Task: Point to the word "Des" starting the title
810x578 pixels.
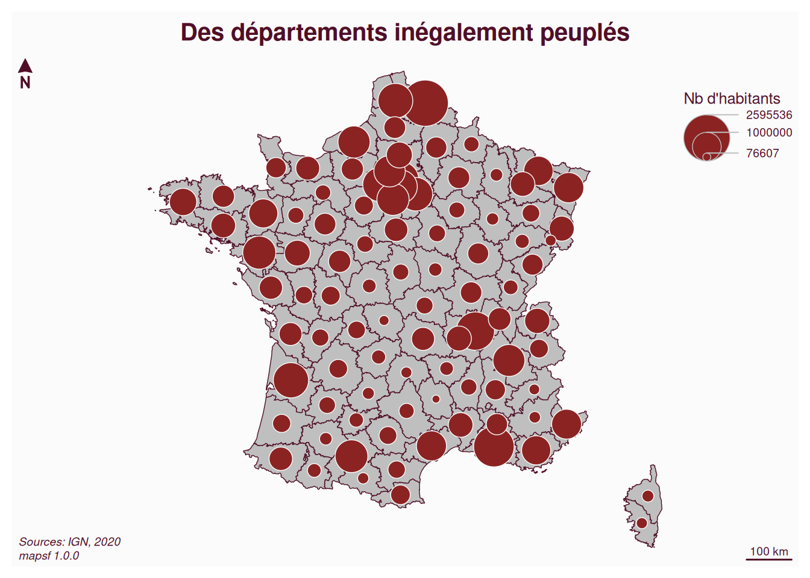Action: pyautogui.click(x=202, y=33)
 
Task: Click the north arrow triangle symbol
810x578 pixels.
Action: pyautogui.click(x=25, y=66)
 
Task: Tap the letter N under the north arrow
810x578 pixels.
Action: pyautogui.click(x=25, y=83)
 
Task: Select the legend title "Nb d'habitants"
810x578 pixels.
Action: pyautogui.click(x=732, y=99)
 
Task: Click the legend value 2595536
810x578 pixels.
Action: pyautogui.click(x=769, y=115)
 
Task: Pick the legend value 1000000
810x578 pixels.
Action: pyautogui.click(x=769, y=132)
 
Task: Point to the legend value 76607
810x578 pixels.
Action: pyautogui.click(x=762, y=154)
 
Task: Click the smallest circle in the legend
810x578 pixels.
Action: pyautogui.click(x=706, y=157)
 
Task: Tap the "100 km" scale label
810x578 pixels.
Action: pyautogui.click(x=769, y=551)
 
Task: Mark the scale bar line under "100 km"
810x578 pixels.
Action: pyautogui.click(x=769, y=559)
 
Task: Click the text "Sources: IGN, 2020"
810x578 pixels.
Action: pyautogui.click(x=70, y=542)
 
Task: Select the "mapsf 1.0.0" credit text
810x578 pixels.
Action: pyautogui.click(x=49, y=556)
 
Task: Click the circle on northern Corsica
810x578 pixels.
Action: pyautogui.click(x=648, y=496)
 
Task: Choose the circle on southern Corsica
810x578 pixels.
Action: pyautogui.click(x=642, y=523)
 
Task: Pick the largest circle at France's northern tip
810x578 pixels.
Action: pyautogui.click(x=425, y=103)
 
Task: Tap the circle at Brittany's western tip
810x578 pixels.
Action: pyautogui.click(x=183, y=202)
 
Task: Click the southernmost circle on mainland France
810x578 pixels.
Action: pyautogui.click(x=400, y=495)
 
